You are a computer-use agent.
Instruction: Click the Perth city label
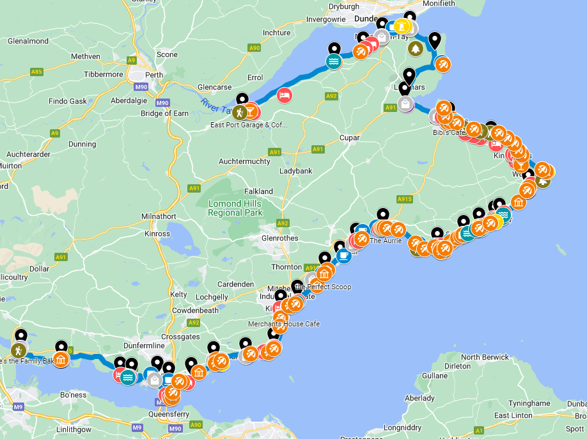pos(154,75)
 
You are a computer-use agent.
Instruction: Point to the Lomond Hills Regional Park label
pos(235,208)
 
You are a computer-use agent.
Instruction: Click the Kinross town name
pos(158,234)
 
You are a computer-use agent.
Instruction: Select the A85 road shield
pos(36,72)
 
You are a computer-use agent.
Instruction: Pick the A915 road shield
pos(403,200)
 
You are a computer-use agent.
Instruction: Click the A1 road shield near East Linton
pos(479,431)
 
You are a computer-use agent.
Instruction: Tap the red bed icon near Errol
pos(285,95)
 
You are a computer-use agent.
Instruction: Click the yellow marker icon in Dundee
pos(402,26)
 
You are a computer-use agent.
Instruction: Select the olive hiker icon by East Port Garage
pos(239,113)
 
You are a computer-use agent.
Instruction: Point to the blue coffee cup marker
pos(343,255)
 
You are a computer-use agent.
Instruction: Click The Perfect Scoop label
pos(324,287)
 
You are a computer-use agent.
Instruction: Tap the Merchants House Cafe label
pos(284,324)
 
